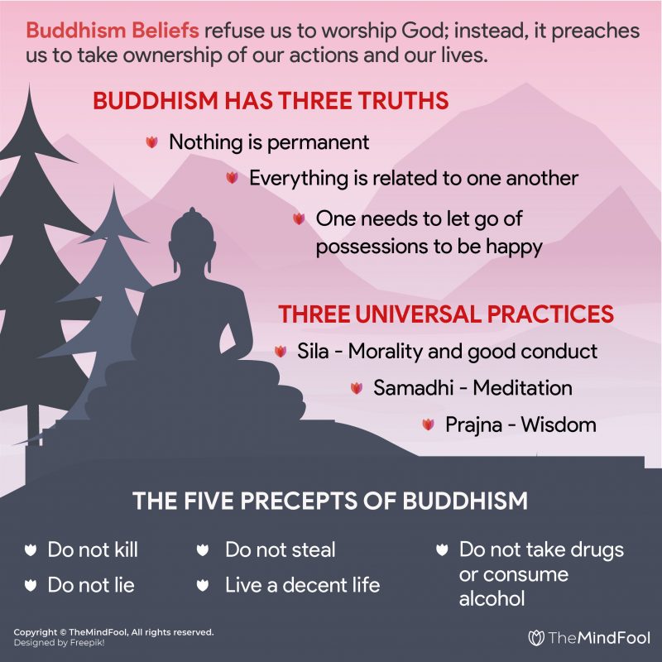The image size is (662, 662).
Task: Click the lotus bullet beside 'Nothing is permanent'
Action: click(151, 142)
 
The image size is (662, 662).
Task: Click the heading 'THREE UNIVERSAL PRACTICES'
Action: click(446, 314)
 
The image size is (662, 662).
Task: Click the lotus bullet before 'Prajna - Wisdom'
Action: click(428, 425)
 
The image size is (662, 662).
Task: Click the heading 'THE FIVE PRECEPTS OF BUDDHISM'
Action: click(330, 501)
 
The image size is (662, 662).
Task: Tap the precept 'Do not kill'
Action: click(93, 549)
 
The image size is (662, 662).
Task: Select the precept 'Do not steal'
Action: click(280, 549)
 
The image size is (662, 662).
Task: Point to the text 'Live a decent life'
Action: click(302, 585)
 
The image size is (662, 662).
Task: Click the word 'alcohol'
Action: click(492, 597)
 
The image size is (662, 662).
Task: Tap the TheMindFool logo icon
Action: click(536, 637)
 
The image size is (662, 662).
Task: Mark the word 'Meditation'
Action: click(521, 387)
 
